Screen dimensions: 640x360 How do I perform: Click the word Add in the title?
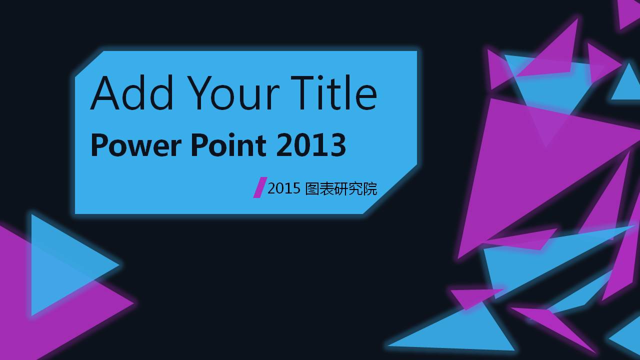[x=132, y=92]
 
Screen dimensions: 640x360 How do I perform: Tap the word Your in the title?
[x=233, y=93]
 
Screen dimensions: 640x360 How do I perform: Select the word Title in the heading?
[x=333, y=92]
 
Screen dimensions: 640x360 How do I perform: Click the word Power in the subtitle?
[x=136, y=145]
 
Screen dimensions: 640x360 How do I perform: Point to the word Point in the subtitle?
[x=228, y=144]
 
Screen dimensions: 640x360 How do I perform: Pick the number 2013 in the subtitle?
[x=311, y=145]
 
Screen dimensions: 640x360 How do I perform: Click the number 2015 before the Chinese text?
[x=284, y=188]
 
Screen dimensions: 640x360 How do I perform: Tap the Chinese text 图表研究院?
[x=341, y=188]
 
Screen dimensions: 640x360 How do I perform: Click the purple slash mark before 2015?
[x=260, y=187]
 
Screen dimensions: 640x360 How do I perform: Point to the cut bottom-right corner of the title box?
[x=390, y=189]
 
